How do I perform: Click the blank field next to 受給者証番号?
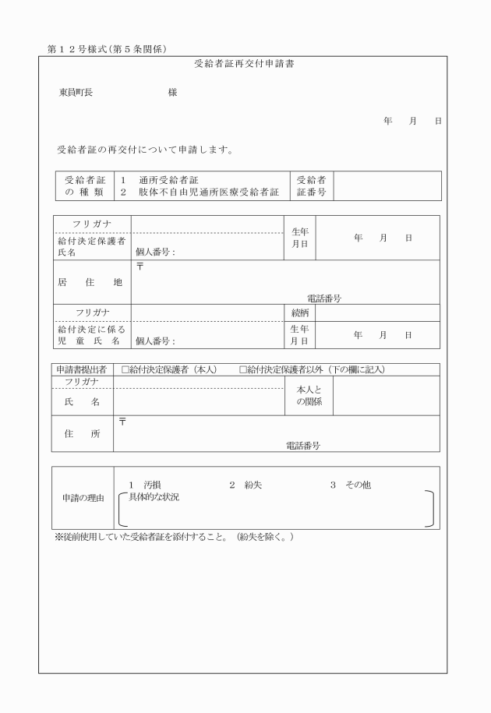coord(387,186)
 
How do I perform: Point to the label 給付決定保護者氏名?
coord(90,247)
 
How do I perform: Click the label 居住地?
coord(90,283)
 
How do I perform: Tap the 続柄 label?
coord(299,312)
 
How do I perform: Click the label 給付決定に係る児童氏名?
coord(90,335)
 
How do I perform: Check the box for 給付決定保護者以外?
coord(243,369)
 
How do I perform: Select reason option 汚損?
coord(152,485)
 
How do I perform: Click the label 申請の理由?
coord(83,498)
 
